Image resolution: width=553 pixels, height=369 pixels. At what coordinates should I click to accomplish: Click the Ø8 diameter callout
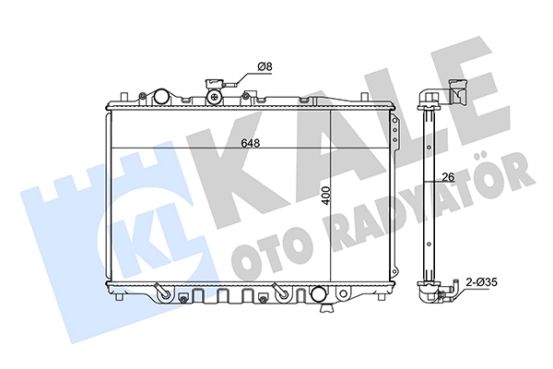pos(263,66)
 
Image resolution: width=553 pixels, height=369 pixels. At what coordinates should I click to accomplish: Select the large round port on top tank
pos(162,95)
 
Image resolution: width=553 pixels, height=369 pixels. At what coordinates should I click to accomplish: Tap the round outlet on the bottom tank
pos(319,295)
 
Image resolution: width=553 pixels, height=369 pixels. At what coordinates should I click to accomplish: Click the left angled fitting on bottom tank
pos(162,291)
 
